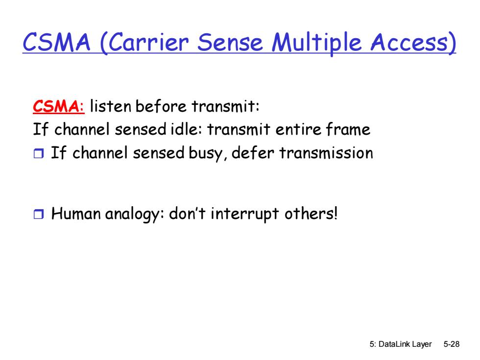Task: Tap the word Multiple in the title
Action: pyautogui.click(x=316, y=43)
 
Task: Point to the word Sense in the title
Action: pyautogui.click(x=230, y=42)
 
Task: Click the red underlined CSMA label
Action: pyautogui.click(x=58, y=107)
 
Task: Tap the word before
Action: pyautogui.click(x=161, y=106)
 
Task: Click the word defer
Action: pyautogui.click(x=253, y=152)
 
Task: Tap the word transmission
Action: pyautogui.click(x=326, y=153)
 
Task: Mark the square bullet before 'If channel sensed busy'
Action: pyautogui.click(x=39, y=153)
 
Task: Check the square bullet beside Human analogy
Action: pyautogui.click(x=39, y=214)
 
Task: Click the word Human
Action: pyautogui.click(x=76, y=214)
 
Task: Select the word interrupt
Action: pyautogui.click(x=245, y=214)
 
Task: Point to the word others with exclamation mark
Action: pyautogui.click(x=311, y=214)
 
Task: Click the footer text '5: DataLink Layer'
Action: pyautogui.click(x=401, y=344)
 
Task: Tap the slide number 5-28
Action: pyautogui.click(x=452, y=344)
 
